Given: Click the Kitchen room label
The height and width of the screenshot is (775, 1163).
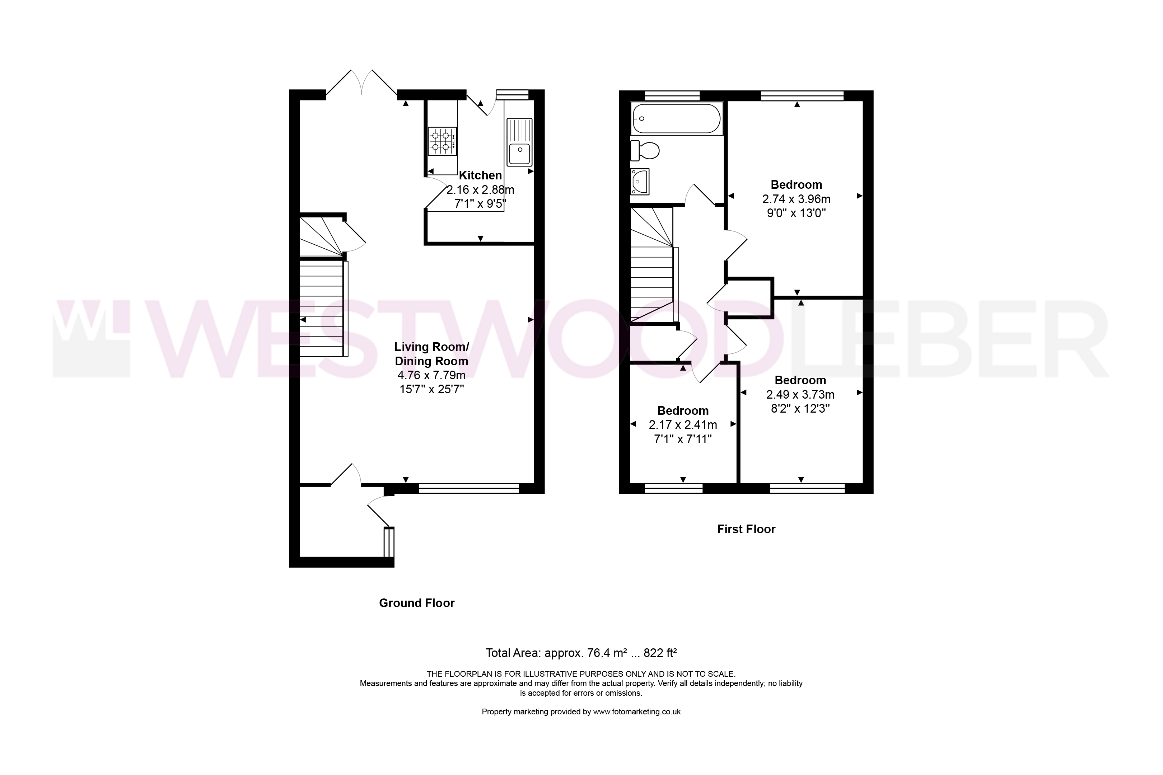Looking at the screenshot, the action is (480, 175).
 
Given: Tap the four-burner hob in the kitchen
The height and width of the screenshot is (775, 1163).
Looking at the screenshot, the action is (442, 141).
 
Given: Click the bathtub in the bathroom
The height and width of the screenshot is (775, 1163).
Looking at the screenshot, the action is (676, 119).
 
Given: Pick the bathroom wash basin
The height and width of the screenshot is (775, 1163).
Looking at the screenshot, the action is (639, 182).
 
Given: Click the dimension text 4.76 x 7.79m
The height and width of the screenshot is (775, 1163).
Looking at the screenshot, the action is (431, 375).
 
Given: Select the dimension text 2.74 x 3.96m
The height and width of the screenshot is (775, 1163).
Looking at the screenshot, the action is (796, 199).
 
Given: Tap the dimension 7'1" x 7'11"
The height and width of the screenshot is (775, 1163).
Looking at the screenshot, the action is (683, 439).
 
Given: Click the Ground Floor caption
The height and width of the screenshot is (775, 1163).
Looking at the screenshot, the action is (417, 603).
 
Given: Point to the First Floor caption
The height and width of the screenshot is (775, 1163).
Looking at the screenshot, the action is (746, 529).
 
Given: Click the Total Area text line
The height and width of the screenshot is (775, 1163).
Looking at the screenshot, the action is (581, 653).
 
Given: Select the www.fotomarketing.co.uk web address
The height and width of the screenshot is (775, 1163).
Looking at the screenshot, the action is (637, 712).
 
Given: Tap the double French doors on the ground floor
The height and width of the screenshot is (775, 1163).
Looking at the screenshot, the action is (362, 83).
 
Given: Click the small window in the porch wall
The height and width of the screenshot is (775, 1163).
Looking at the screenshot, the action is (389, 542).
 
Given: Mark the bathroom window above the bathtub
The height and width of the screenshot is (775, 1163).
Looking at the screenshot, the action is (672, 95).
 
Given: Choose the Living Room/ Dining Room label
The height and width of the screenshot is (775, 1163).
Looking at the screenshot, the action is (431, 354).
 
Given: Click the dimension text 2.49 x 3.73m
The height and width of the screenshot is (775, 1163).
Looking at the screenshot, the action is (800, 394).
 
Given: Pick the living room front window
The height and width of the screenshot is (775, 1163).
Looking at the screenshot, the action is (469, 488).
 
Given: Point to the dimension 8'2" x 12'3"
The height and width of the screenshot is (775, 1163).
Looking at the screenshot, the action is (800, 409).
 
